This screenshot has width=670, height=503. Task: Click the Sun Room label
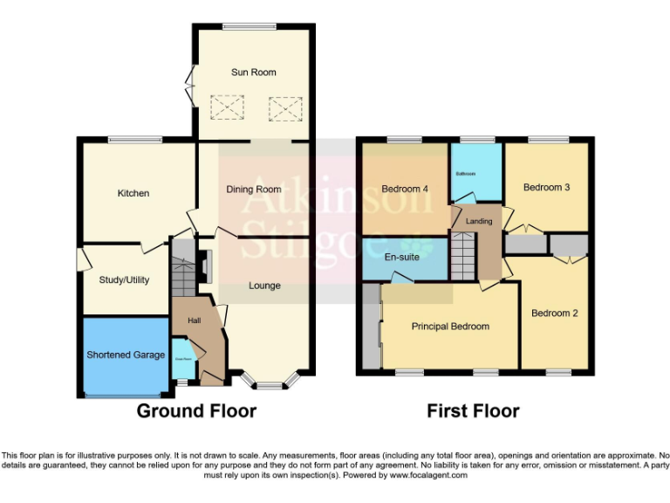[253, 72]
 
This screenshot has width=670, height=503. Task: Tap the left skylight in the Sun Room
[231, 109]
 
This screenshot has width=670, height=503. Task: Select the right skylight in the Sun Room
[284, 109]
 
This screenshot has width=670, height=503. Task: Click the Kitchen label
[133, 193]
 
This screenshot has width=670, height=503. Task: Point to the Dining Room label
[253, 189]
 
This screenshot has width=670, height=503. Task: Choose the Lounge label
[264, 286]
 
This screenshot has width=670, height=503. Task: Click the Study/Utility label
[124, 280]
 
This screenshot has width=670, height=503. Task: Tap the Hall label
[194, 321]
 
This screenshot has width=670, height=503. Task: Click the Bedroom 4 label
[406, 189]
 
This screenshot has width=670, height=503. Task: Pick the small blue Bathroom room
[475, 173]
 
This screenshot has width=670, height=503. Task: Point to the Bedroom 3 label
[546, 187]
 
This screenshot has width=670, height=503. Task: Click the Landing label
[479, 221]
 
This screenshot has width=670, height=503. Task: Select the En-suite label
[402, 258]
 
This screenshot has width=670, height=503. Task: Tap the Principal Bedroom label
[450, 327]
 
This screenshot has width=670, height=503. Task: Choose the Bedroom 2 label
[555, 314]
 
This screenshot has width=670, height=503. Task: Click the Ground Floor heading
[196, 411]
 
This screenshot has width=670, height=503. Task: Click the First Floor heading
[473, 411]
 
